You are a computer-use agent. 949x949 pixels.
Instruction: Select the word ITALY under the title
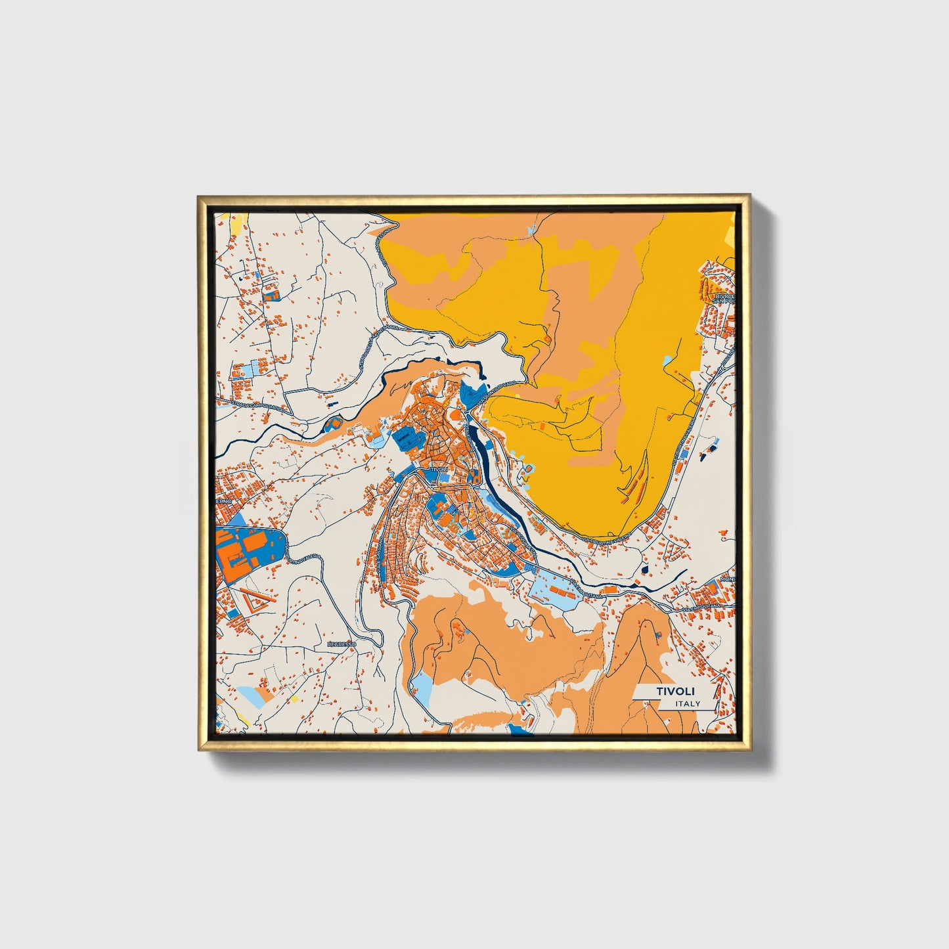[x=688, y=703]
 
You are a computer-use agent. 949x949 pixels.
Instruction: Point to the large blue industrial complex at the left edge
[x=250, y=549]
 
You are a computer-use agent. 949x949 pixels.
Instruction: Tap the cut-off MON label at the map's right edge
[x=728, y=579]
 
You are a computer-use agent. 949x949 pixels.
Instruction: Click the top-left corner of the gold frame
[x=199, y=196]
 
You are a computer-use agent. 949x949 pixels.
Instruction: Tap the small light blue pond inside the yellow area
[x=667, y=360]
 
